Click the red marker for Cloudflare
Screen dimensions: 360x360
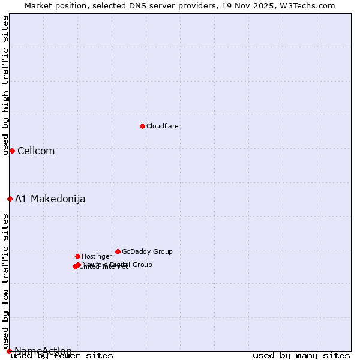click(x=142, y=126)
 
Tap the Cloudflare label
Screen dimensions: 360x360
click(x=163, y=126)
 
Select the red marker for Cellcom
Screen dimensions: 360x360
click(x=12, y=151)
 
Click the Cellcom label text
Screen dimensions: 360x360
click(x=36, y=151)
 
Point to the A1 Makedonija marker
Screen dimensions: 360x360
click(x=10, y=199)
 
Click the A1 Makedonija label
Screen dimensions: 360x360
click(x=50, y=199)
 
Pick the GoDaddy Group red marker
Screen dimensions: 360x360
click(x=118, y=251)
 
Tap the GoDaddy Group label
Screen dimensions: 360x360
click(x=147, y=252)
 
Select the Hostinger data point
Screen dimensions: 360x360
click(x=77, y=256)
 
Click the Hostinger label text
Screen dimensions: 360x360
click(x=97, y=257)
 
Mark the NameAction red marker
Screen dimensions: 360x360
click(x=9, y=351)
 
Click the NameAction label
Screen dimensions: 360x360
click(x=43, y=352)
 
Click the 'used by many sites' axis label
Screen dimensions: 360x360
click(x=301, y=356)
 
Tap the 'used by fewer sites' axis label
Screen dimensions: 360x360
click(x=62, y=356)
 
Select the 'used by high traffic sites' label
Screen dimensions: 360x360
click(x=6, y=86)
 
